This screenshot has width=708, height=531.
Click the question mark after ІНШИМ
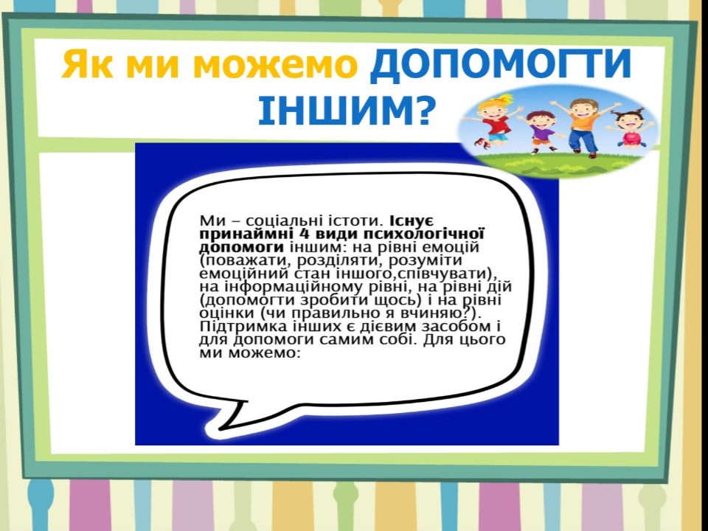point(423,110)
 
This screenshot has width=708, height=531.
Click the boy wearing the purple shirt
point(540,132)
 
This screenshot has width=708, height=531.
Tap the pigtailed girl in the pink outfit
point(631,128)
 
